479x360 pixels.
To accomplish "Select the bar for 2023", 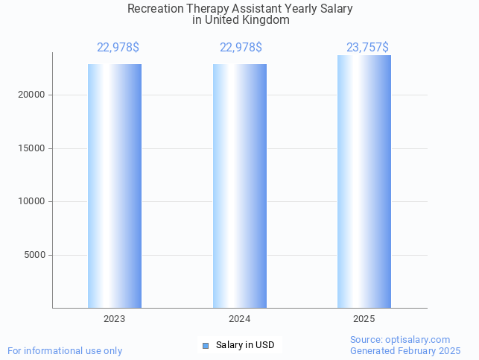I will pos(115,186).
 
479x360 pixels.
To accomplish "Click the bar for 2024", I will pos(240,186).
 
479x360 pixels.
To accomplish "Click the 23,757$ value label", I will pos(367,48).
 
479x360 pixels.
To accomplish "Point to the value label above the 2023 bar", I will pos(118,48).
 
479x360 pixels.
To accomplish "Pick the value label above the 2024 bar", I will pos(241,48).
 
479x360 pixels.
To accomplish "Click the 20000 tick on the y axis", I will pos(32,95).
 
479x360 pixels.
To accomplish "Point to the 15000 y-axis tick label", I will pos(32,148).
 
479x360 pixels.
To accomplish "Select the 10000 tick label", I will pos(32,201).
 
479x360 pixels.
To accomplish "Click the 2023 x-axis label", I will pos(115,318).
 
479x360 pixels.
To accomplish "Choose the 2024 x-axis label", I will pos(240,318).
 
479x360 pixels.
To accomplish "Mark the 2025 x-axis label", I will pos(364,318).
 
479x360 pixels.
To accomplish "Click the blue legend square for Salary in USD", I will pos(206,345).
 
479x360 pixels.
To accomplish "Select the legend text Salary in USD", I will pos(245,345).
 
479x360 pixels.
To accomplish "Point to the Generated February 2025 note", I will pos(405,350).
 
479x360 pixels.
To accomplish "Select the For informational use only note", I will pos(65,350).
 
